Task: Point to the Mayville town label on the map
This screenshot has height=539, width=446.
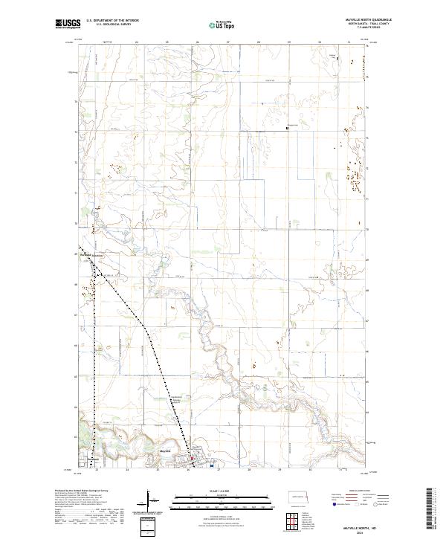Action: (166, 451)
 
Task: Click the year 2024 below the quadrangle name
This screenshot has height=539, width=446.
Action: (361, 532)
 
